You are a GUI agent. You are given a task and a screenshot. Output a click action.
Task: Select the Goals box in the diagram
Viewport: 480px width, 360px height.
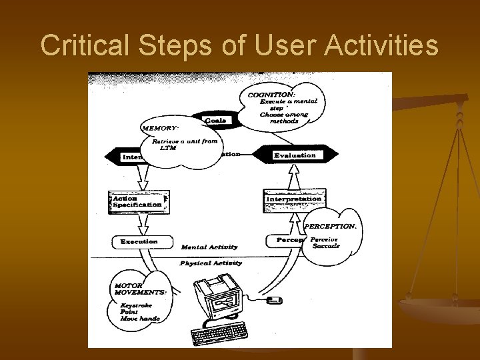click(215, 120)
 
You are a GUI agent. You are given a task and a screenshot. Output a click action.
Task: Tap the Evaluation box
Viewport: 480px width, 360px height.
click(295, 155)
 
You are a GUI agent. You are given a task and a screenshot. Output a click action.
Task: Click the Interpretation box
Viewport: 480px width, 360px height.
click(294, 199)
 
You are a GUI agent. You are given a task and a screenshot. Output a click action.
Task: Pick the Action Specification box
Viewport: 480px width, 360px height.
click(136, 201)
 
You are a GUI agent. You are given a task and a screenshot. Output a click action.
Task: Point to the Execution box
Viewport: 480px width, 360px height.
click(139, 241)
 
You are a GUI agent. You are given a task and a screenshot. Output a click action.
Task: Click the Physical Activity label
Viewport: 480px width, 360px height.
click(211, 263)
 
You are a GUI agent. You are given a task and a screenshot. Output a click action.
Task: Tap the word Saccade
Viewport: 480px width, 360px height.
click(326, 246)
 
